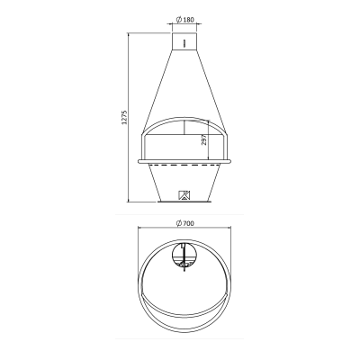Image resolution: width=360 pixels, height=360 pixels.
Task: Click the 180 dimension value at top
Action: [x=188, y=20]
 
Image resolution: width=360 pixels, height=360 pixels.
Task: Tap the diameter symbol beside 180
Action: [x=179, y=20]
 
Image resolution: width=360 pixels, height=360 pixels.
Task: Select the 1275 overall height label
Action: [x=125, y=117]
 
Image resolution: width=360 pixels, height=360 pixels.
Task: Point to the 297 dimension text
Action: [x=204, y=139]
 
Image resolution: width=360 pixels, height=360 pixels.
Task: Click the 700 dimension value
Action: [x=188, y=223]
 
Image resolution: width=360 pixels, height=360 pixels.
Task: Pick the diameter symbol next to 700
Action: [x=179, y=223]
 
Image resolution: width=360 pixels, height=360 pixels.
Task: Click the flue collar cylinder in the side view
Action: [x=184, y=41]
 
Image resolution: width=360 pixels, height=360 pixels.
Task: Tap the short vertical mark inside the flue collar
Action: [x=184, y=43]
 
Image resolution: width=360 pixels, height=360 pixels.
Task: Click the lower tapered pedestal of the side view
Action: [x=184, y=182]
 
